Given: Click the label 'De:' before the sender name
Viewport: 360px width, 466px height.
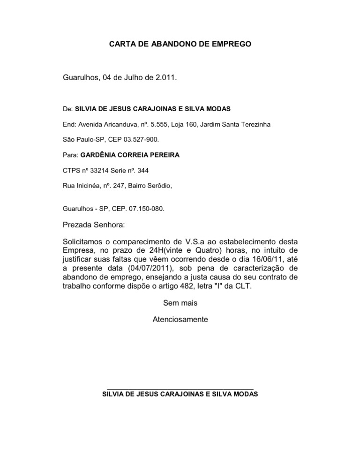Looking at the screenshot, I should [67, 109].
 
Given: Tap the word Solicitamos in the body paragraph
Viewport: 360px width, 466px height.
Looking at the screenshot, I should [82, 242].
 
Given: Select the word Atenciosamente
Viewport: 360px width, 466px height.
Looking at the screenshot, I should [180, 320].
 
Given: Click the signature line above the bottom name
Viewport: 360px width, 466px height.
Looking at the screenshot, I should [180, 389].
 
